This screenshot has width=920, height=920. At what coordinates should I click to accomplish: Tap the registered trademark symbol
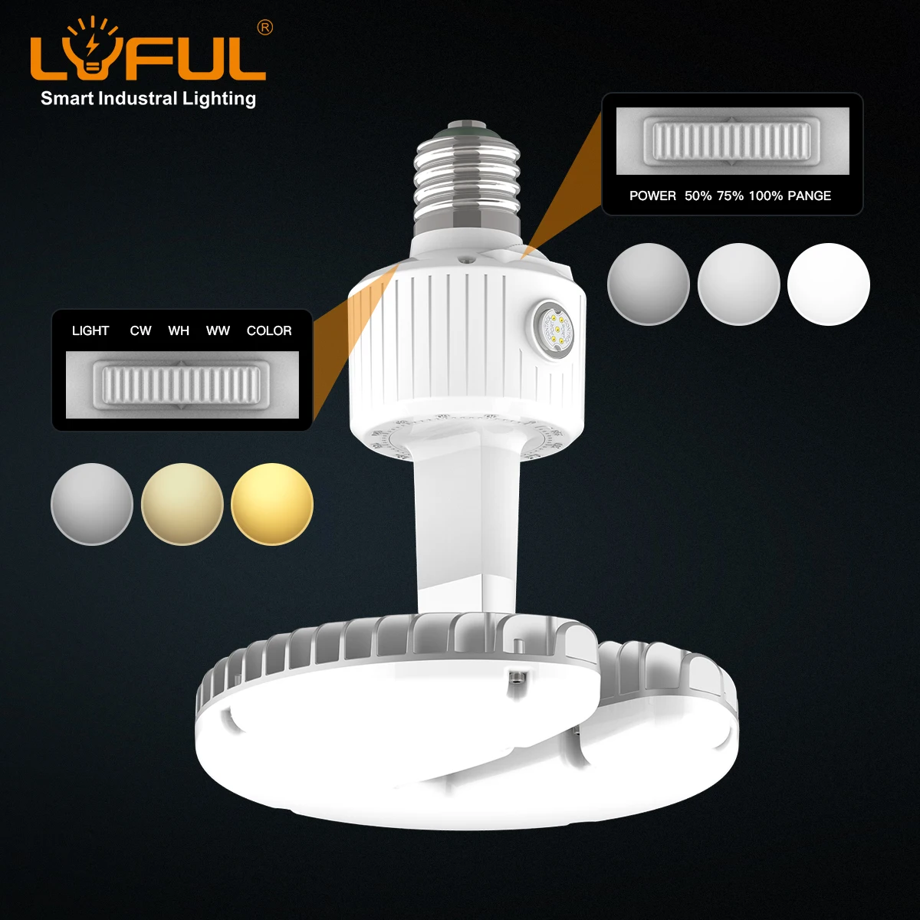[x=264, y=28]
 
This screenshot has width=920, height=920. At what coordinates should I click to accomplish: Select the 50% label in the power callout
[x=698, y=195]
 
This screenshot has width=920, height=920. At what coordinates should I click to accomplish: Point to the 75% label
[x=730, y=195]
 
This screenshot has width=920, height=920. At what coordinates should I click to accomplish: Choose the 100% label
[x=765, y=195]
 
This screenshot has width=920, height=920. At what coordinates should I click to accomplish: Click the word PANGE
[x=809, y=195]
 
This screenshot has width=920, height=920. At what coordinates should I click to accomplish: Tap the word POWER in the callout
[x=652, y=195]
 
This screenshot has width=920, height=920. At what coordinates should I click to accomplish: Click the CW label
[x=140, y=330]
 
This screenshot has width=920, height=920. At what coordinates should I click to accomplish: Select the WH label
[x=179, y=330]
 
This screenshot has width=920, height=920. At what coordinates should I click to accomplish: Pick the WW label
[x=218, y=330]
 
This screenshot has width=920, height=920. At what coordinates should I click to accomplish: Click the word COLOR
[x=269, y=330]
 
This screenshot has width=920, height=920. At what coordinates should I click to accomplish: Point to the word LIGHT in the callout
[x=90, y=330]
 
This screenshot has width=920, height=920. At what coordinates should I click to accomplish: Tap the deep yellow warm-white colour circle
[x=272, y=504]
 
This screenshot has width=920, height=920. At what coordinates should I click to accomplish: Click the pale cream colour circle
[x=182, y=504]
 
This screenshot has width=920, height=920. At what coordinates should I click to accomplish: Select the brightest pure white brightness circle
[x=829, y=284]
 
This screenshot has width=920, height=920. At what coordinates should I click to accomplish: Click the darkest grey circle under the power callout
[x=649, y=284]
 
